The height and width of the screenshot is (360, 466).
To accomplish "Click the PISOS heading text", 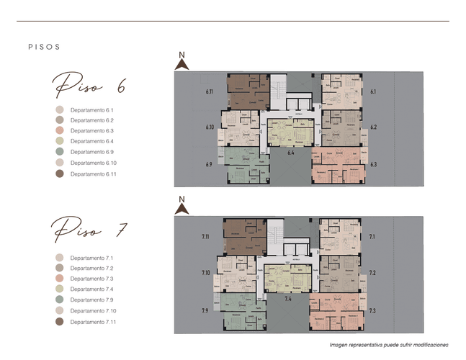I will pos(43,47).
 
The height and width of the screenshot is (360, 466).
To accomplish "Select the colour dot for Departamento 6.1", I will pos(60,110).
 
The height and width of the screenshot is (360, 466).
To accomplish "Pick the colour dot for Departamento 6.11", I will pos(60,174).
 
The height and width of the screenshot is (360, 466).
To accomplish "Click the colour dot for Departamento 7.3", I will pos(60,279).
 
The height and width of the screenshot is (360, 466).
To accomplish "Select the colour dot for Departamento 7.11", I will pos(60,321).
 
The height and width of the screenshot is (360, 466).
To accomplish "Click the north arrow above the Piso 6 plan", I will pos(182,62).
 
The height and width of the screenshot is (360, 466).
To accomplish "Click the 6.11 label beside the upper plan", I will pos(210,92).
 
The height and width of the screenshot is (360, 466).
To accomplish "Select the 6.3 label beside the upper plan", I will pos(373,165).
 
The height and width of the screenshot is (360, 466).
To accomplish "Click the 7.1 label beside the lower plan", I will pos(372,236).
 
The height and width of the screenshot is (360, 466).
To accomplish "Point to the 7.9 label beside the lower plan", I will pos(206,310).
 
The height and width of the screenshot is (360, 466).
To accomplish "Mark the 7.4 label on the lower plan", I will pos(289,297).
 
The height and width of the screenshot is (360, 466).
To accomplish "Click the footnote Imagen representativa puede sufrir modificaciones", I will pos(389,345).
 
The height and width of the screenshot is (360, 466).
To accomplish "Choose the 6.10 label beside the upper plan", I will pos(210,127).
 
